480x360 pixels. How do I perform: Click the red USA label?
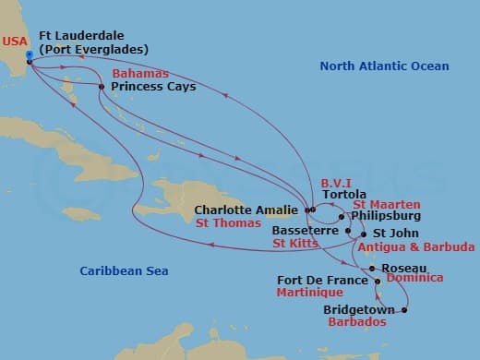(14, 42)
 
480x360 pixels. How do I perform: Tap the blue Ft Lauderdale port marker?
(30, 55)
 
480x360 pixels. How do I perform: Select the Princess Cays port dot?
(101, 87)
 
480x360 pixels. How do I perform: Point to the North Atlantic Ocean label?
(384, 66)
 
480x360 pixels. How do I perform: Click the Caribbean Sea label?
(115, 270)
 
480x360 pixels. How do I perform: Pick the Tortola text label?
(343, 196)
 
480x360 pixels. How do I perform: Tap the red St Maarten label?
(387, 204)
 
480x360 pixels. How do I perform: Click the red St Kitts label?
(295, 244)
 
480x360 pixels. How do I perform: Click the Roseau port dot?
(371, 269)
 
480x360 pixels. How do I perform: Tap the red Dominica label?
(414, 277)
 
